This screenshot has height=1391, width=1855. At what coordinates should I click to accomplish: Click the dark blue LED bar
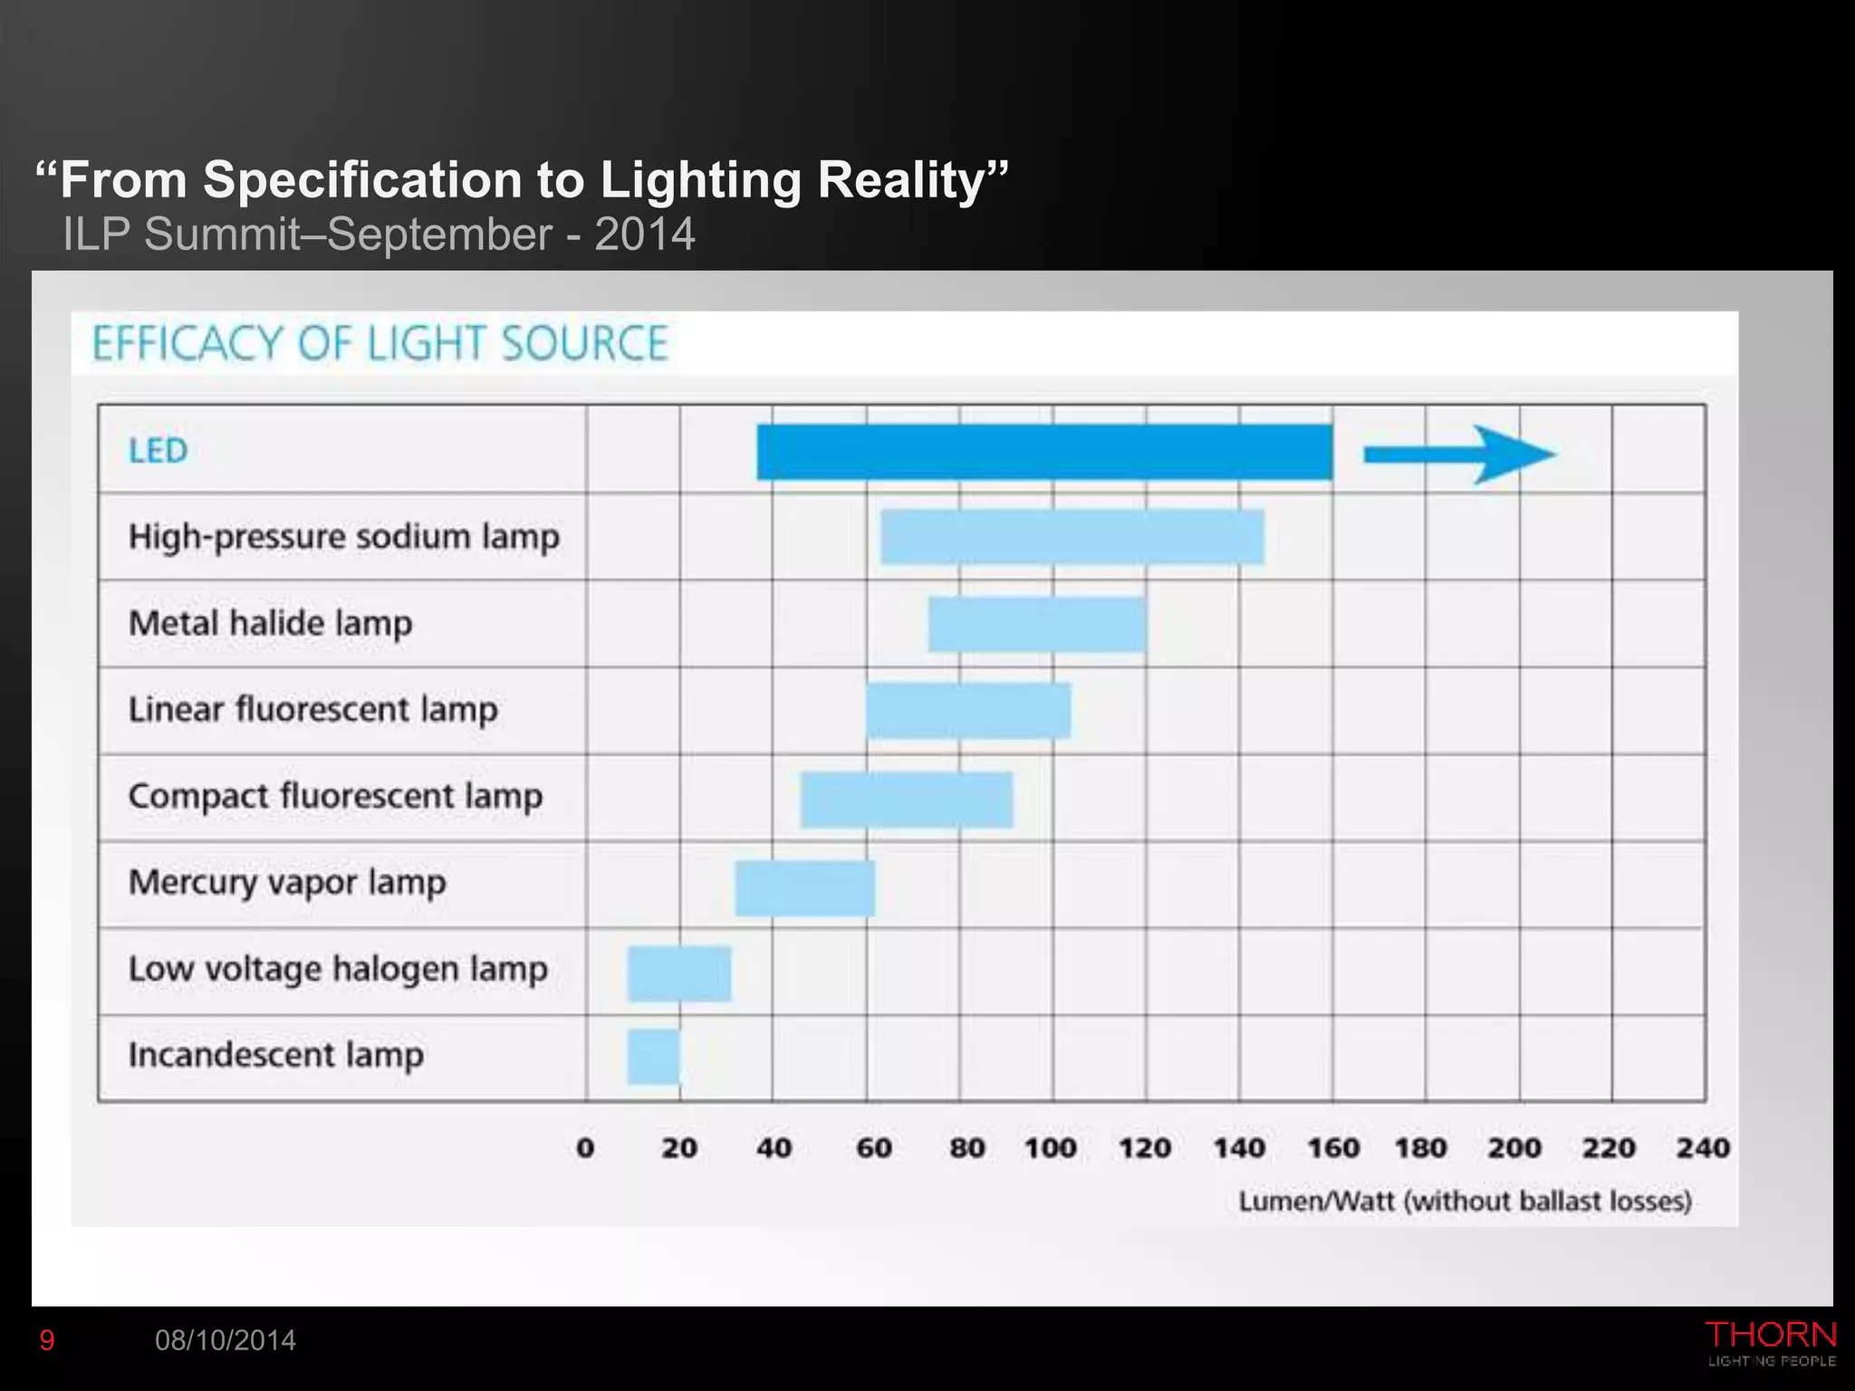coord(1044,451)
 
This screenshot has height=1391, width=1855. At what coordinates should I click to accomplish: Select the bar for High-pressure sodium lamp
coord(1072,536)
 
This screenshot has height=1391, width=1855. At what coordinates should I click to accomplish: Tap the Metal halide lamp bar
coord(1037,624)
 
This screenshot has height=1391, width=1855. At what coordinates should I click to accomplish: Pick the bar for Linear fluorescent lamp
coord(968,710)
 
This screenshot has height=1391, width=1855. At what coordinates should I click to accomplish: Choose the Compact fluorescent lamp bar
coord(906,799)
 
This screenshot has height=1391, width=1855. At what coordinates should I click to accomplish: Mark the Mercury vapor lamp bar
coord(804,887)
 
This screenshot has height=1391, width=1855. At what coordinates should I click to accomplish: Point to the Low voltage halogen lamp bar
coord(678,974)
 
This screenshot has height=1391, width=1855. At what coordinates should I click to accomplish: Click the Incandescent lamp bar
coord(653,1056)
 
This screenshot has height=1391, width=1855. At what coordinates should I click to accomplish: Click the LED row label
coord(158,450)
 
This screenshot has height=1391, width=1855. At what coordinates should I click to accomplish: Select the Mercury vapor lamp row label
coord(287,882)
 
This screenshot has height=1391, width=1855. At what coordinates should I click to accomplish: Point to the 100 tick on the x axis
coord(1051,1147)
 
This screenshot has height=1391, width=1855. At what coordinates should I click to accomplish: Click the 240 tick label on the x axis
coord(1702,1147)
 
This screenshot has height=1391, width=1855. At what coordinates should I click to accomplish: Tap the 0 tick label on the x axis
coord(585,1147)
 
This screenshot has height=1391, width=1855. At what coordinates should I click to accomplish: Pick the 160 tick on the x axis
coord(1333,1147)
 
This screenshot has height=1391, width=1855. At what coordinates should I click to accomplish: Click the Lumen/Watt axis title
coord(1465,1201)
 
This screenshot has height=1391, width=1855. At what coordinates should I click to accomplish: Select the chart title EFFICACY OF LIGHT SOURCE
coord(380,344)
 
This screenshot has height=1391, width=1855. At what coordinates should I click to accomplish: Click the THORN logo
coord(1770,1342)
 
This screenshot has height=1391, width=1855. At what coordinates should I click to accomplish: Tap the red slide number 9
coord(47,1340)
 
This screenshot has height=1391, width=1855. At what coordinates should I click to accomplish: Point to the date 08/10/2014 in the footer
coord(226,1340)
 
